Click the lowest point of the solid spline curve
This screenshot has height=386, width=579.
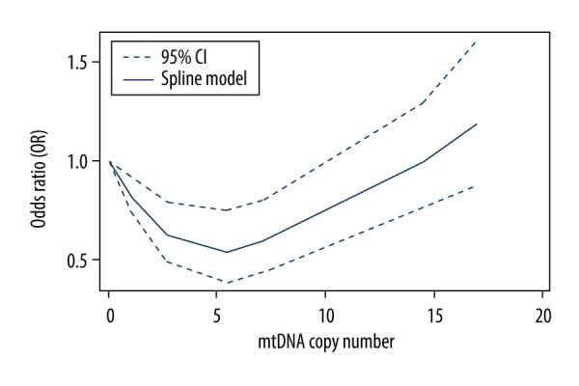click(x=227, y=252)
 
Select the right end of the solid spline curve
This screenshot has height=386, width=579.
click(x=477, y=124)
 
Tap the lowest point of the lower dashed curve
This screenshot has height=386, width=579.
click(x=227, y=282)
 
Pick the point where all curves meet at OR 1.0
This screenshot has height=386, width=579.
click(x=110, y=162)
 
